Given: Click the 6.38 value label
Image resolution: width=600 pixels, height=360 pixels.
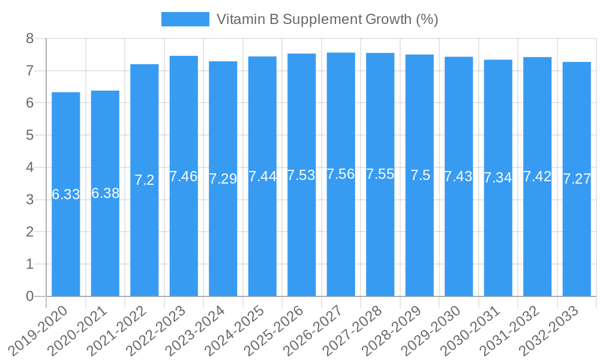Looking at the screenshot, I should [x=105, y=193].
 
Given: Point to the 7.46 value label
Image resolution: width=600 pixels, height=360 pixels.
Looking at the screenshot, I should [x=184, y=176].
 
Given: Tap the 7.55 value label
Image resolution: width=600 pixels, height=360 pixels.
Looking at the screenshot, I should [x=380, y=174].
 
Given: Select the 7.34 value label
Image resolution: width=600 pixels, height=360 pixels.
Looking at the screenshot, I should [x=498, y=178].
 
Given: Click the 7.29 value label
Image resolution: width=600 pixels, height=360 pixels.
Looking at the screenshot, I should [x=223, y=179].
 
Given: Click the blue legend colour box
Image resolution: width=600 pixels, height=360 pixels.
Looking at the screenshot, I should [x=185, y=19].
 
